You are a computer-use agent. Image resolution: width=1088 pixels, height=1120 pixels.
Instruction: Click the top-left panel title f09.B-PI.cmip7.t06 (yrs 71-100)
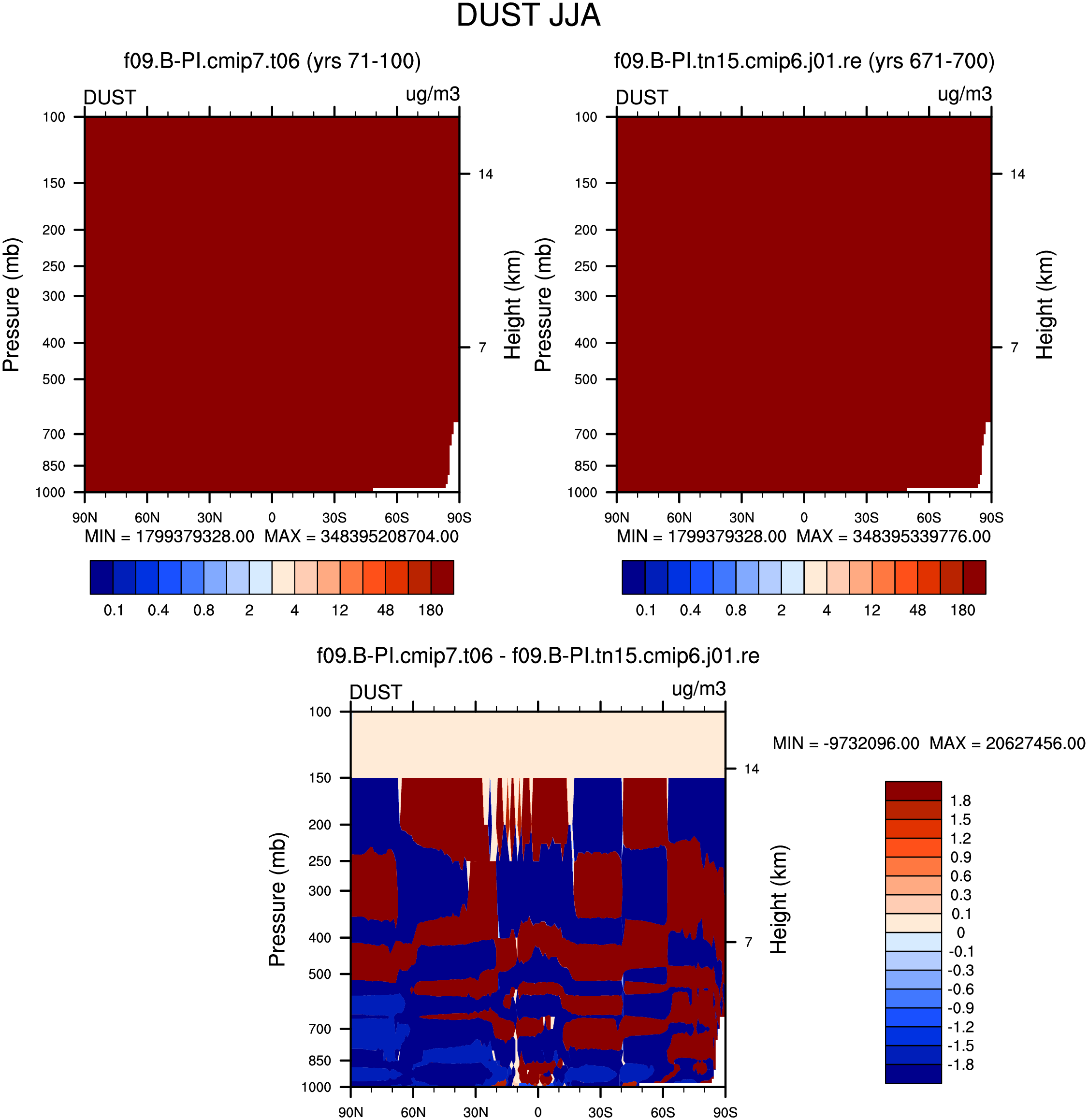point(272,60)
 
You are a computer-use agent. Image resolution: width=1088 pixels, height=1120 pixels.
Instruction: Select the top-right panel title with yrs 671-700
point(804,60)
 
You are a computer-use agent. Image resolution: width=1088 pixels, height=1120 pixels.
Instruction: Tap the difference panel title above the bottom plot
point(537,655)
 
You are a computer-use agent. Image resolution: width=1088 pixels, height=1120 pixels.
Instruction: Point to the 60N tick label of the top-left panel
point(147,518)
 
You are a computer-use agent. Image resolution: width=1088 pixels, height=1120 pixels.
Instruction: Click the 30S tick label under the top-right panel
point(866,518)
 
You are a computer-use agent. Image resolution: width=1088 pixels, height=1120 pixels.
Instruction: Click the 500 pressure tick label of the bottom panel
point(319,975)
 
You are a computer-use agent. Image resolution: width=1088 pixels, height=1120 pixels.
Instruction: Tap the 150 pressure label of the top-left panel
point(54,183)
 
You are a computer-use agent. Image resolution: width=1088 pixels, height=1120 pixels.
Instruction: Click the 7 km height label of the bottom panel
point(748,942)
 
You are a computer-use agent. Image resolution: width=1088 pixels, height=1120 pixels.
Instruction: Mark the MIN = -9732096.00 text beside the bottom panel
point(846,743)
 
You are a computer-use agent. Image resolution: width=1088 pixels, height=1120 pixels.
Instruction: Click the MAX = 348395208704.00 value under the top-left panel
point(361,537)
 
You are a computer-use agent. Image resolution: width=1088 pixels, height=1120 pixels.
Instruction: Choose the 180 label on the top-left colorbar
point(430,611)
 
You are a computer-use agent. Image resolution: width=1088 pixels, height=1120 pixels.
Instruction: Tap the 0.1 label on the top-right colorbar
point(646,611)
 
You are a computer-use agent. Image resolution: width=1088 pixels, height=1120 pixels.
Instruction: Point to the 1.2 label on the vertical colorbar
point(960,838)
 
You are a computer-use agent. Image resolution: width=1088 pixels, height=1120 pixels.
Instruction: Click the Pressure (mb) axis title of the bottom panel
point(276,900)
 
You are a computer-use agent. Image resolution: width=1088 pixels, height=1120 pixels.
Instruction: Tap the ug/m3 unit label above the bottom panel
point(698,688)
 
